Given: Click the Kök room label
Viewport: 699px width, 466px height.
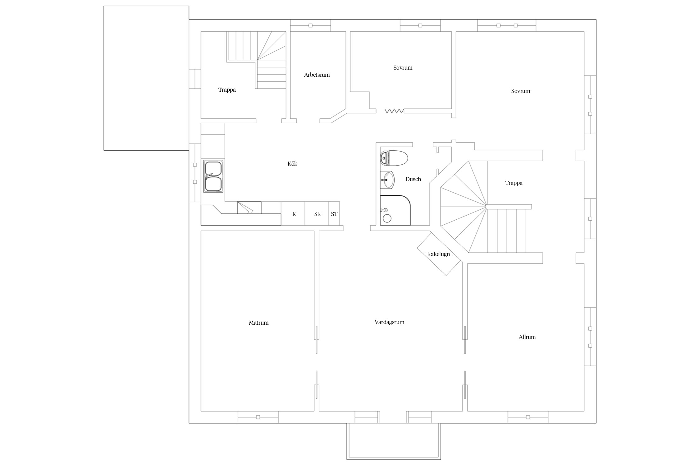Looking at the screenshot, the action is tap(292, 164).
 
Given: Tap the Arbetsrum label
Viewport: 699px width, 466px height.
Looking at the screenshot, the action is tap(317, 75).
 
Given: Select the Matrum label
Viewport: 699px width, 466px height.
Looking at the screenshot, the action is tap(258, 323).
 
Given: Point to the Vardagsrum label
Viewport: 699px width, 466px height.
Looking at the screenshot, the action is tap(389, 322).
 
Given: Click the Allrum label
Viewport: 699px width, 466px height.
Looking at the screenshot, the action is tap(527, 337).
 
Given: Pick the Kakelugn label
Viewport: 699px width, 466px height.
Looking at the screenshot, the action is tap(438, 254).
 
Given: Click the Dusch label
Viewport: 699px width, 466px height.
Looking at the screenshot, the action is tap(413, 179).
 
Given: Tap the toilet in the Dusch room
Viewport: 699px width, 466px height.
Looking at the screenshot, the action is tap(394, 158).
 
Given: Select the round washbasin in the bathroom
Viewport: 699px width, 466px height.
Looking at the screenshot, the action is tap(387, 180).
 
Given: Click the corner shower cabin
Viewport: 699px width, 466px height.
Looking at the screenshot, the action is tap(395, 210).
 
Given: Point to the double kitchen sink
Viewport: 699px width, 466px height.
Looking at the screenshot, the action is tap(213, 176).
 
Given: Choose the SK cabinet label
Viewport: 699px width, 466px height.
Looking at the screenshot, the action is tap(317, 214).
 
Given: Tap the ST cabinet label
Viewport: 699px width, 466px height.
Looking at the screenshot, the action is tap(334, 214).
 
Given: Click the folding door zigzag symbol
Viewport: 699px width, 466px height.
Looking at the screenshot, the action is tap(394, 111).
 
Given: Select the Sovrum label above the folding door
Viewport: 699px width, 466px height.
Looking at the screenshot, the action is tap(403, 68).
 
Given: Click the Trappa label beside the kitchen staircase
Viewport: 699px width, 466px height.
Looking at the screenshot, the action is tap(227, 90).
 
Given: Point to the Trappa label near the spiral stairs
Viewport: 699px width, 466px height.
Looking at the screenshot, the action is tap(514, 183).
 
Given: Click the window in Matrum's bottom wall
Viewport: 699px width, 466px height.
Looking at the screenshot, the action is tap(258, 417).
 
